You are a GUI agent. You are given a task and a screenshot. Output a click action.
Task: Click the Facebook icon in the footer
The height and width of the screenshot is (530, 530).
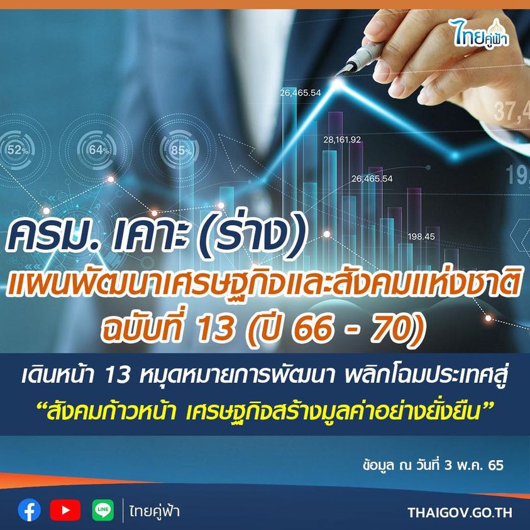tap(30, 510)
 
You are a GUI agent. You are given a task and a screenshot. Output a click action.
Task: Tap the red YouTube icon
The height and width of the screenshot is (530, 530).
tap(65, 510)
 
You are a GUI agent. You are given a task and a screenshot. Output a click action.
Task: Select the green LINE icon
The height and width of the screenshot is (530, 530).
tap(102, 510)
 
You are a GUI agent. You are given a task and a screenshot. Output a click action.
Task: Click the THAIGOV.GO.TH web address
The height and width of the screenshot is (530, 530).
tap(460, 512)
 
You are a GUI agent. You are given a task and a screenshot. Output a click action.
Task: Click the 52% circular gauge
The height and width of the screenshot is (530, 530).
tap(16, 150)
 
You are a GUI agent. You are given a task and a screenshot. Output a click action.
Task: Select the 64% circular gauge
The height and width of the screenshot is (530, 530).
tap(97, 149)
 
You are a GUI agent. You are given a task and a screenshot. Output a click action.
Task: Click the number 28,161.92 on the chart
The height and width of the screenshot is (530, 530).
tap(342, 140)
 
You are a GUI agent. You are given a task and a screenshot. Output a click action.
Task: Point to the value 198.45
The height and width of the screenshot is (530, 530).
tap(421, 236)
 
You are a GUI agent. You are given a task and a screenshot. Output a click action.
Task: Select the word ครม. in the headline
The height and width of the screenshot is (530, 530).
tap(48, 236)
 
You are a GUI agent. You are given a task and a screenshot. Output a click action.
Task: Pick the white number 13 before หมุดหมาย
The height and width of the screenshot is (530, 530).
tap(118, 377)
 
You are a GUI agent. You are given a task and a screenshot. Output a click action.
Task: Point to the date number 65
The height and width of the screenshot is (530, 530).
tap(495, 465)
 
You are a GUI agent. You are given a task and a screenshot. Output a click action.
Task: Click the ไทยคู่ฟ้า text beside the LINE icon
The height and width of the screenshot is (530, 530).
tap(154, 511)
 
